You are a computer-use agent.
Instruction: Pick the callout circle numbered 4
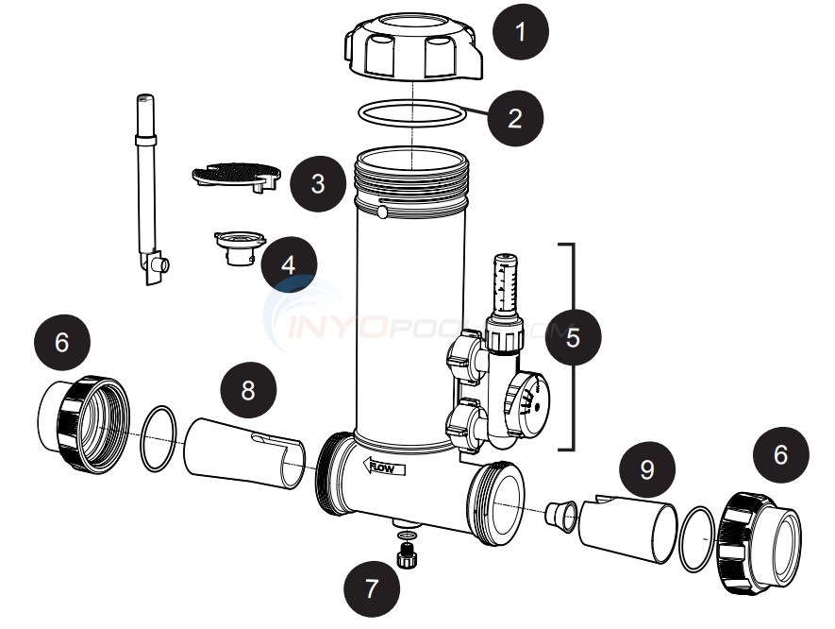[288, 263]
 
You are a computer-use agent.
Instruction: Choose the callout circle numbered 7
[369, 589]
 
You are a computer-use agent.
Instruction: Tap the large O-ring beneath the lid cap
[413, 114]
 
